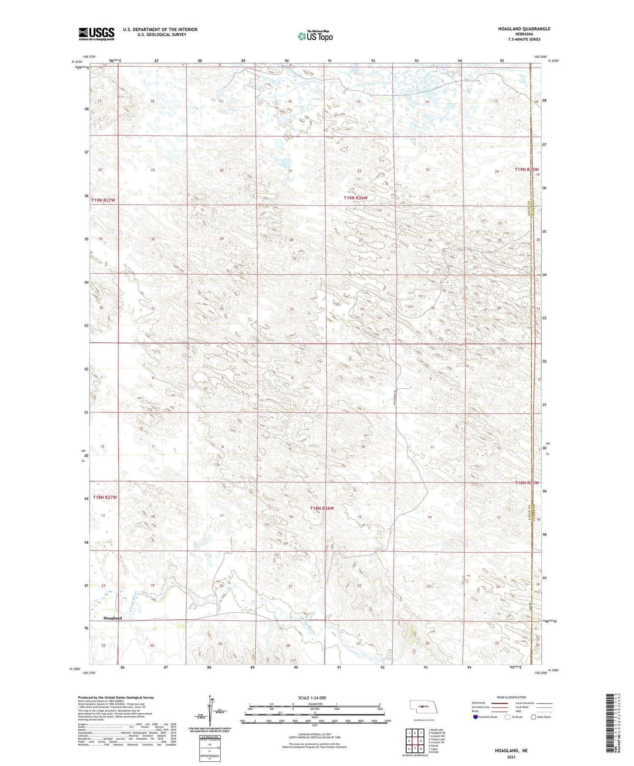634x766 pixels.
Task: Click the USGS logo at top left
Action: point(96,34)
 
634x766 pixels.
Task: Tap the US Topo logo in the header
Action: point(315,36)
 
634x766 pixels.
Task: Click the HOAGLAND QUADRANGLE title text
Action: point(524,29)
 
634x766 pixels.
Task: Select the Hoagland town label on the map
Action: point(112,618)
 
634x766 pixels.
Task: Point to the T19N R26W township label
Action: point(355,198)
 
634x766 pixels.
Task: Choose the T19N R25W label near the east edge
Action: point(527,169)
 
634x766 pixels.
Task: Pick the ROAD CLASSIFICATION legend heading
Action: point(511,697)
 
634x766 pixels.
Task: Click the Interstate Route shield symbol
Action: point(475,717)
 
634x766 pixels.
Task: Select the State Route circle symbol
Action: point(533,717)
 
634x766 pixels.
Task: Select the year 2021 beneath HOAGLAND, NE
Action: point(511,758)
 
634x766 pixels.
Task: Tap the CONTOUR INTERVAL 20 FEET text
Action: point(315,735)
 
